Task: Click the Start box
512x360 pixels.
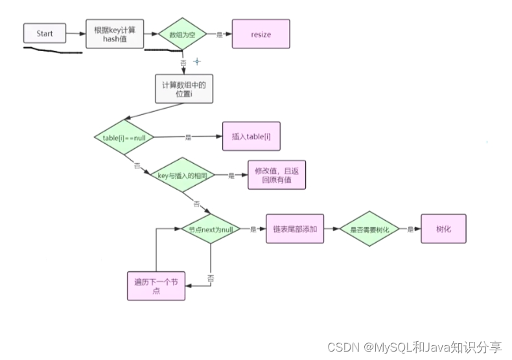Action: (x=45, y=34)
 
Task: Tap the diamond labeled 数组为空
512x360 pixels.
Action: (x=181, y=34)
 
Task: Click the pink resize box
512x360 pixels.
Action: (x=261, y=34)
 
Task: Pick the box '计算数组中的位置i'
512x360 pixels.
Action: (x=184, y=89)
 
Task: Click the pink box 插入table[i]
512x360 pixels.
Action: (x=251, y=137)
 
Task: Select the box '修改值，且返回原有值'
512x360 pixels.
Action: (x=276, y=175)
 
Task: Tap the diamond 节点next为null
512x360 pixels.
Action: (x=210, y=229)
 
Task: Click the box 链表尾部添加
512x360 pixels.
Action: (x=295, y=229)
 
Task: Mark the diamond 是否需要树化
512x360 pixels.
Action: (x=370, y=229)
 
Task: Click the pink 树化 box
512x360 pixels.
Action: (x=443, y=229)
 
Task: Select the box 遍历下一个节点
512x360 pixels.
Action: (x=156, y=286)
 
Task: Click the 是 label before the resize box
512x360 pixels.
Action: (x=218, y=34)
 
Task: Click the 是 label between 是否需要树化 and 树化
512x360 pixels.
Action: (x=410, y=229)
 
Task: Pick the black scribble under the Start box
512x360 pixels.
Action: (x=52, y=51)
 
